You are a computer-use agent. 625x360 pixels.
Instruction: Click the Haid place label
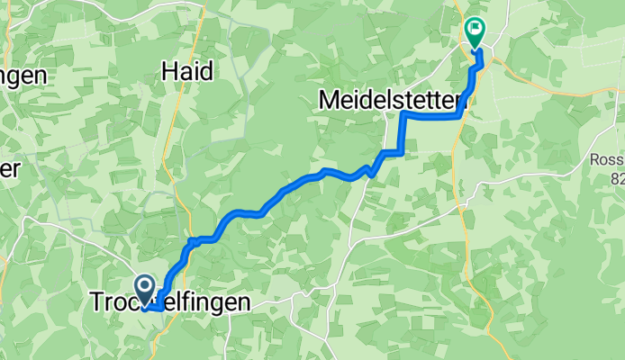point(187,71)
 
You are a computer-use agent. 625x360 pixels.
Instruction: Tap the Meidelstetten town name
point(389,100)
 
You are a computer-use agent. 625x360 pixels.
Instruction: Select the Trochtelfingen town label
point(170,304)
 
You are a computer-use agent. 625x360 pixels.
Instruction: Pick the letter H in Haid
point(170,71)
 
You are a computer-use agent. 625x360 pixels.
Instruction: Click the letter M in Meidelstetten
point(331,100)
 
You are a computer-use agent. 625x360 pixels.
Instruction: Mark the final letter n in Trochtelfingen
point(243,304)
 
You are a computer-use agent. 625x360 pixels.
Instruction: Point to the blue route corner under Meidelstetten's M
point(403,115)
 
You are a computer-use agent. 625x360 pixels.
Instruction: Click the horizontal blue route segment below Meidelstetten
point(432,116)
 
